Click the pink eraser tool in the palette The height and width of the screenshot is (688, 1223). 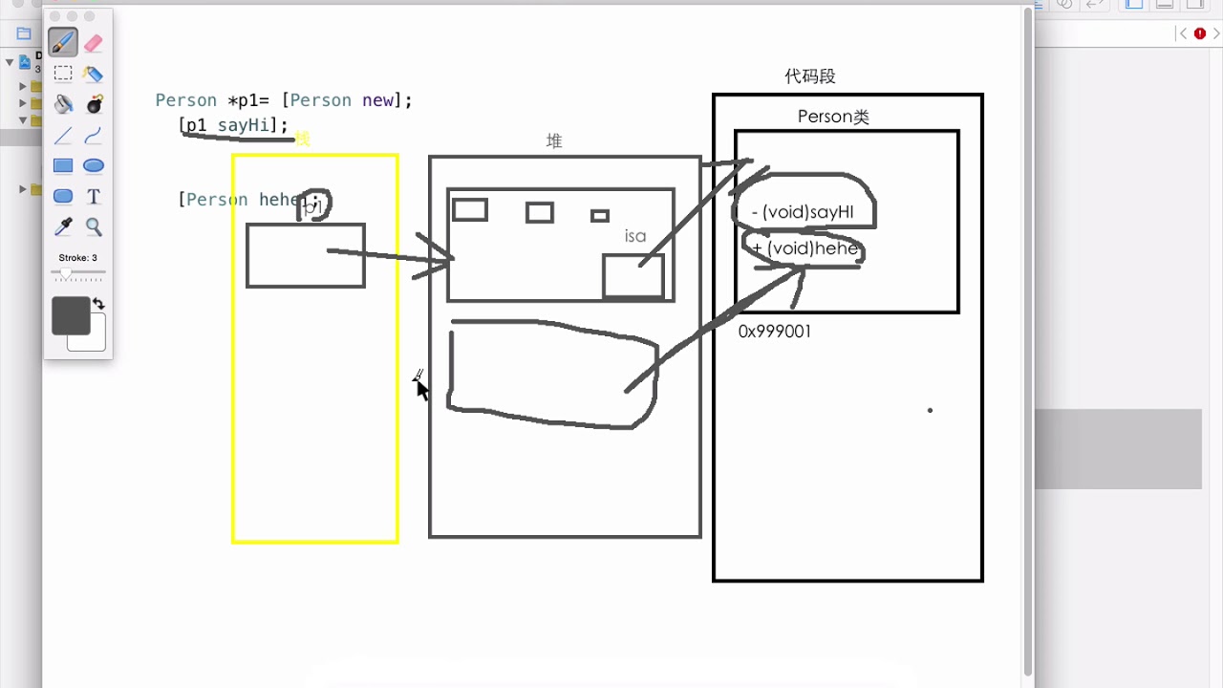pos(93,43)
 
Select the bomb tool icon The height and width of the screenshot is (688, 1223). pos(94,104)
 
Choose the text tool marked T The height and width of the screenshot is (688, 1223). pos(94,197)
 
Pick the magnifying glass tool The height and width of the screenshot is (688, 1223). pos(94,227)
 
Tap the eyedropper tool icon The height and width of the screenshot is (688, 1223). pos(63,227)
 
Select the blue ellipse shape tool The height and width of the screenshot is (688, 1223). pos(94,166)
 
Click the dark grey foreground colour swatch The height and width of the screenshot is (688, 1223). pos(71,315)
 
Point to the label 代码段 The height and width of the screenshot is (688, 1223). pos(810,76)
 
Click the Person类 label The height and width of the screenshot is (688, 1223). pos(833,117)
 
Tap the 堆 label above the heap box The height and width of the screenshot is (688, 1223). pos(554,141)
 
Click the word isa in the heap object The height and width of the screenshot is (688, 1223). pos(635,236)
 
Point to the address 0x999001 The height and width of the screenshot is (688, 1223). pos(775,332)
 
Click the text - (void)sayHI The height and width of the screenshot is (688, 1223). pos(803,212)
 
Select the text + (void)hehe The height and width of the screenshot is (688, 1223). pos(805,248)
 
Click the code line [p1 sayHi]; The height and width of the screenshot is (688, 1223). pos(233,125)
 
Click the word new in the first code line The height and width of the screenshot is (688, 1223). pos(377,100)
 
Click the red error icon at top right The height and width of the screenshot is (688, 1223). pos(1200,33)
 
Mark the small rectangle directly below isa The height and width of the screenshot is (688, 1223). pos(633,276)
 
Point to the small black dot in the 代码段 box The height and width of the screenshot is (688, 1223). pos(930,411)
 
